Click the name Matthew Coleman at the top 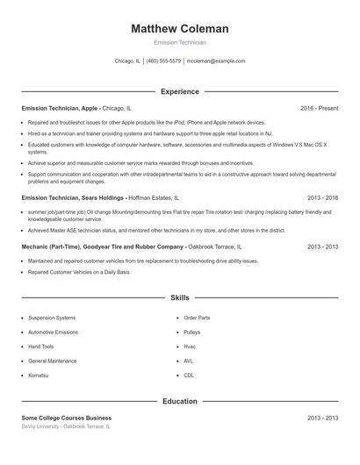(x=179, y=29)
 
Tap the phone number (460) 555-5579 (x=164, y=61)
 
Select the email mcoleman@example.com (x=216, y=61)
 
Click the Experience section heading (x=179, y=91)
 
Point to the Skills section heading (x=179, y=299)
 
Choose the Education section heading (x=179, y=401)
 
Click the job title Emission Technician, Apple (x=60, y=108)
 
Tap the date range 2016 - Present (x=319, y=108)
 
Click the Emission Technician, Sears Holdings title (x=73, y=198)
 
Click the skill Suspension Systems (x=52, y=318)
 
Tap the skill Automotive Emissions (x=54, y=333)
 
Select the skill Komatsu (x=40, y=376)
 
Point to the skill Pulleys (x=191, y=333)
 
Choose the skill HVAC (x=189, y=361)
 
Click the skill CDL (x=188, y=376)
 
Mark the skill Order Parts (x=197, y=318)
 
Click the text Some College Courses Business (x=67, y=418)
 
